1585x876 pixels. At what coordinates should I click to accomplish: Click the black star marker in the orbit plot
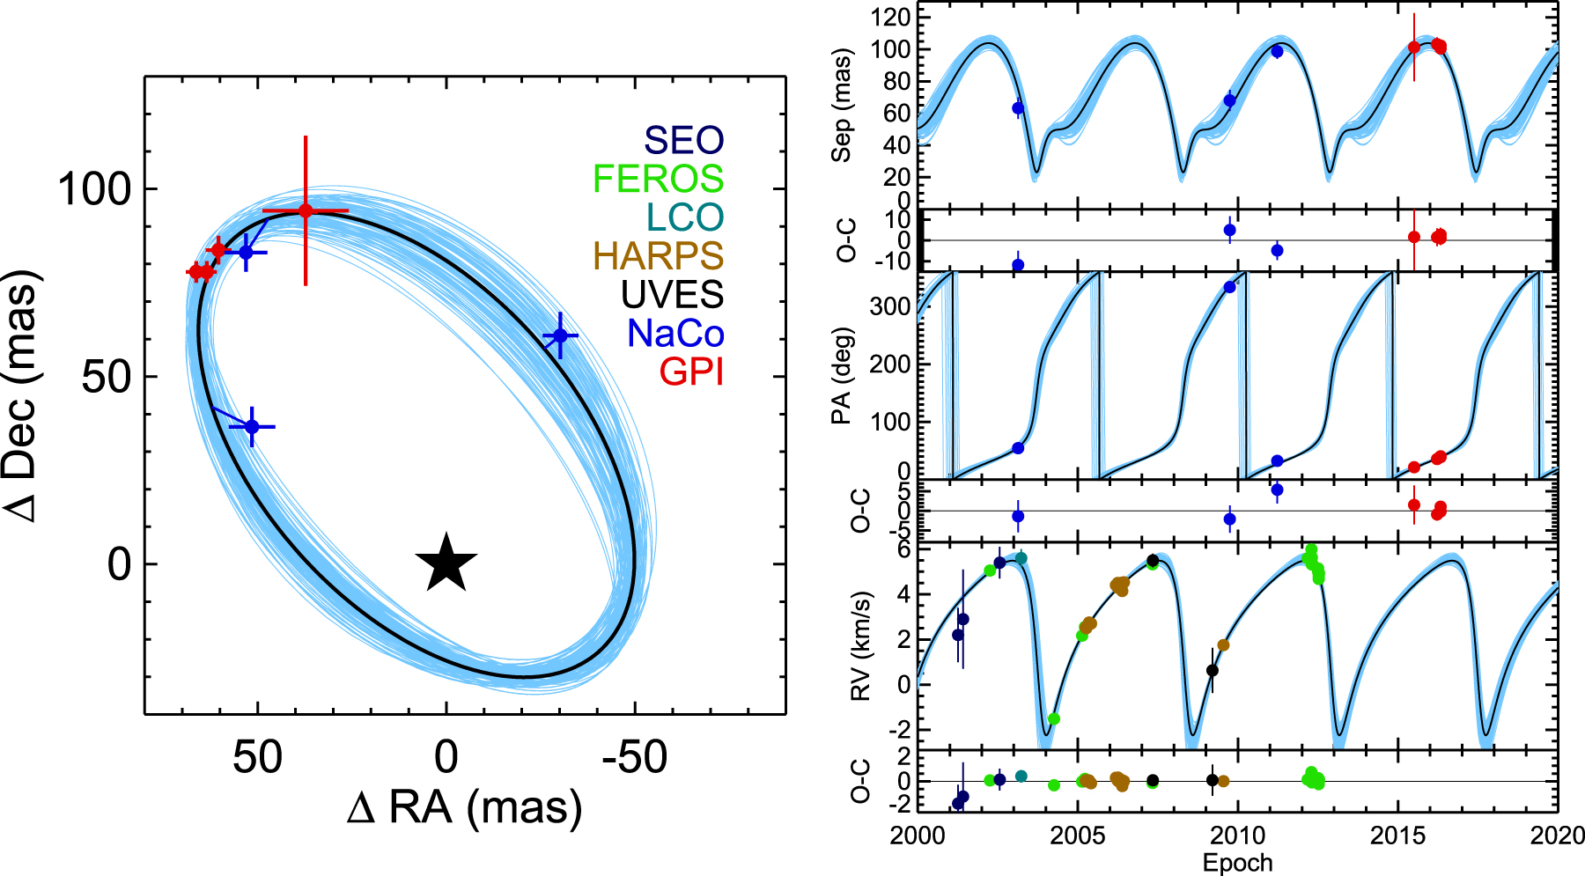coord(446,563)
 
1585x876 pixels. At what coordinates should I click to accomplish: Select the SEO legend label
coord(683,140)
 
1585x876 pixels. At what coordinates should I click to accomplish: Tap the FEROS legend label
coord(658,179)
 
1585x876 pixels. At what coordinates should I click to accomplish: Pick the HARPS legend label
coord(658,256)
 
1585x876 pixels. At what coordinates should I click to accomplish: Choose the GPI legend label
coord(691,372)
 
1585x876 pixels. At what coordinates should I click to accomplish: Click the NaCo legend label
coord(675,334)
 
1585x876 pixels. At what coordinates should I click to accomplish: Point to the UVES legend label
coord(672,295)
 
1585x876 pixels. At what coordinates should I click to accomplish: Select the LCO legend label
coord(684,217)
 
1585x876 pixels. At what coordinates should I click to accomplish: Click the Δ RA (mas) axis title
coord(464,808)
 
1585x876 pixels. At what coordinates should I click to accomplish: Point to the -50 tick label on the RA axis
coord(635,757)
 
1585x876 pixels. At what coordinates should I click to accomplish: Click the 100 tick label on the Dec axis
coord(93,189)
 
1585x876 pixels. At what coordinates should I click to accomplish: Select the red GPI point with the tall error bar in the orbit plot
coord(306,210)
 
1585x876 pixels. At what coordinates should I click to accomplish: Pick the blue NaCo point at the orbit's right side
coord(559,336)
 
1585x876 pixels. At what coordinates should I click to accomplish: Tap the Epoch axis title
coord(1237,863)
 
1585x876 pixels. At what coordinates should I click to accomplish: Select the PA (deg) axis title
coord(843,376)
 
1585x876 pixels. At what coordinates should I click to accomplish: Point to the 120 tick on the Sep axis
coord(890,17)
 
